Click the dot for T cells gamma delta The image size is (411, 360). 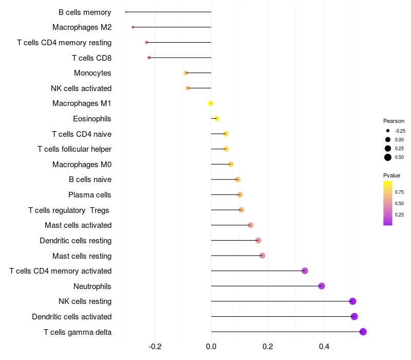coord(363,332)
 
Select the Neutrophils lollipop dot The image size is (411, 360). coord(322,286)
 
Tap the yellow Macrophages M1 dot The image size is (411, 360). coord(211,103)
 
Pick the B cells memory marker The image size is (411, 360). coord(126,12)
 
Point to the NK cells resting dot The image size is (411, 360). coord(352,301)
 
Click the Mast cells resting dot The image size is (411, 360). coord(262,256)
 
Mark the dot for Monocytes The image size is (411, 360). coord(186,73)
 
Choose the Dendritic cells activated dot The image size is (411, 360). coord(354,316)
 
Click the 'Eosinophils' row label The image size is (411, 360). coord(92,119)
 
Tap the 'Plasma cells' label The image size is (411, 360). coord(90,195)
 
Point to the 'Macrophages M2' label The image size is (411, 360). coord(82,27)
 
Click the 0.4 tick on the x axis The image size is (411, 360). coord(324,347)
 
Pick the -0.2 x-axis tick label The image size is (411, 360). coord(155,347)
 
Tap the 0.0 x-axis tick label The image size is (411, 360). coord(211,347)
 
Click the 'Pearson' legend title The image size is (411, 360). coord(394,121)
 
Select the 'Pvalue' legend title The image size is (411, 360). coord(392,175)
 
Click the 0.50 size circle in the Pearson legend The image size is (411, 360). coord(388,157)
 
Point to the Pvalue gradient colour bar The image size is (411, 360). coord(388,203)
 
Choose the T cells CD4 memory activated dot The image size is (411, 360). coord(305,271)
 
